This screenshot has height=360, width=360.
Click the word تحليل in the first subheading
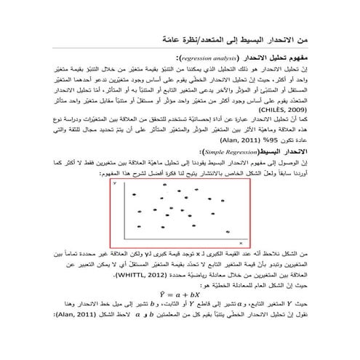[x=280, y=56]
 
